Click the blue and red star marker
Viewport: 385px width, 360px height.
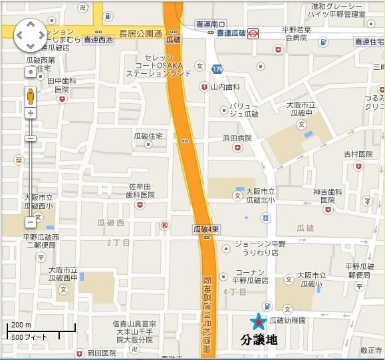256,322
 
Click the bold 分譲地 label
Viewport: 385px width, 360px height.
259,340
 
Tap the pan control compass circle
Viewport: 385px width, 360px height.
30,35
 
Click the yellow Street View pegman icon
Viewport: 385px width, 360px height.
31,96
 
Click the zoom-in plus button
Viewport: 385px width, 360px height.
31,114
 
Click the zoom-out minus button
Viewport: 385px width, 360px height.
31,222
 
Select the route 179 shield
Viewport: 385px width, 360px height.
217,69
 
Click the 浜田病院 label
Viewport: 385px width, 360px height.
237,138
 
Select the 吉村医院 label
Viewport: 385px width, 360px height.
358,154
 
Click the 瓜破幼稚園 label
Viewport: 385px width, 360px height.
287,321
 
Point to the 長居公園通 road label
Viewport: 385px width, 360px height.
140,33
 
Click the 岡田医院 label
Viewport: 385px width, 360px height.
102,353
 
